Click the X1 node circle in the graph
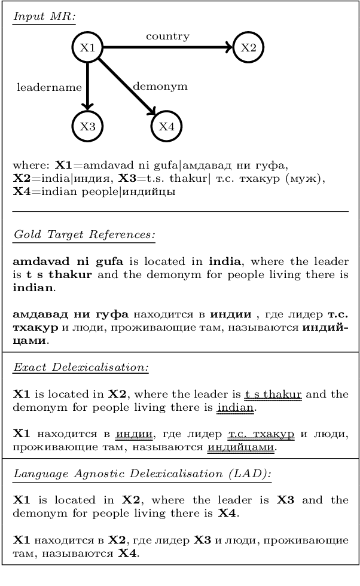coord(87,48)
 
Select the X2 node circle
coord(248,48)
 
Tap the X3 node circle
coord(87,126)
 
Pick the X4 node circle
coord(166,126)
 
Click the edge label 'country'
coord(167,36)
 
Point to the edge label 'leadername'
coord(49,87)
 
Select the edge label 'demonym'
coord(160,86)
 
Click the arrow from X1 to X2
coord(167,48)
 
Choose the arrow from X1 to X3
coord(87,87)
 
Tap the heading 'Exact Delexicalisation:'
coord(81,367)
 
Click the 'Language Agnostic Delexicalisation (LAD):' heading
coord(142,474)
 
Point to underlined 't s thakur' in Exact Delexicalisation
coord(273,395)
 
